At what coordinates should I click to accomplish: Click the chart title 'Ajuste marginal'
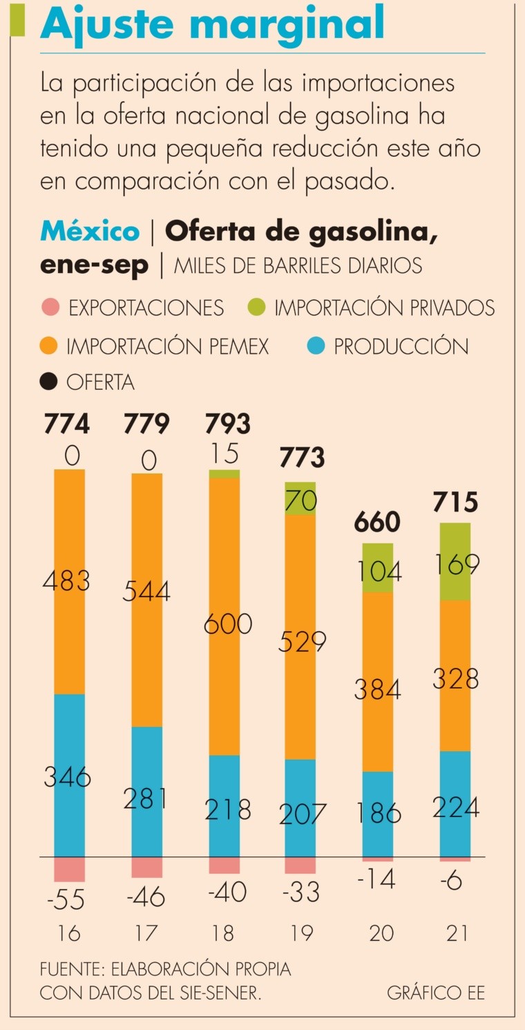tap(213, 24)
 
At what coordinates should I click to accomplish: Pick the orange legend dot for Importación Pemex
tap(49, 345)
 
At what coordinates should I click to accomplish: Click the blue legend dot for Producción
tap(315, 345)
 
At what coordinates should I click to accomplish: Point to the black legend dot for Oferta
tap(49, 382)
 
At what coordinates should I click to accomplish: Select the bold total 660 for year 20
tap(377, 522)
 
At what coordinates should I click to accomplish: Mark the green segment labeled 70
tap(300, 498)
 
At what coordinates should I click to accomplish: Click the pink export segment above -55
tap(69, 869)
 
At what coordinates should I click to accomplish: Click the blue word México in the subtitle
tap(90, 232)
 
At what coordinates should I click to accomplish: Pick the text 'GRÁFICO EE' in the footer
tap(436, 993)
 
